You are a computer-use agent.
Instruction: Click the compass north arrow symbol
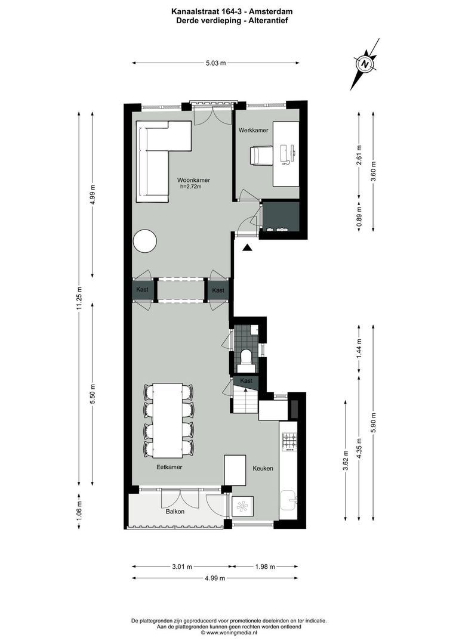pyautogui.click(x=365, y=64)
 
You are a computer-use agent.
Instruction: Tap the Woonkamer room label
pyautogui.click(x=193, y=180)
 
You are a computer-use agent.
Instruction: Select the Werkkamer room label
pyautogui.click(x=253, y=130)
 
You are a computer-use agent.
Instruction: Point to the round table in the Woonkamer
pyautogui.click(x=145, y=241)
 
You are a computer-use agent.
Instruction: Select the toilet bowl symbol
pyautogui.click(x=245, y=357)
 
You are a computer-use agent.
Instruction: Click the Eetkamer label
pyautogui.click(x=169, y=467)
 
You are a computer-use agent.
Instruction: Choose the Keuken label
pyautogui.click(x=263, y=469)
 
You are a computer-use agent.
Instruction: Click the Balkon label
pyautogui.click(x=175, y=512)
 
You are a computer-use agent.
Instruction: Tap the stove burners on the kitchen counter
pyautogui.click(x=290, y=441)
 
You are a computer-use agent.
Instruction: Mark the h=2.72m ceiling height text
pyautogui.click(x=191, y=187)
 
